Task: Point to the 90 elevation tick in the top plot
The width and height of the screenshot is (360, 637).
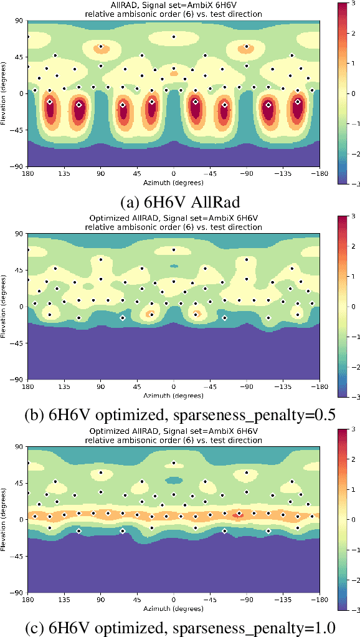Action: (19, 21)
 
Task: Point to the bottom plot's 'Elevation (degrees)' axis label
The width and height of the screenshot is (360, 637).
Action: (4, 519)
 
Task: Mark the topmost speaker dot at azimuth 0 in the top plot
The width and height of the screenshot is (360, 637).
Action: (174, 37)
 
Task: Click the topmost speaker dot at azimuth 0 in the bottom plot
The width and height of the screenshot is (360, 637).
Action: (174, 462)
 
